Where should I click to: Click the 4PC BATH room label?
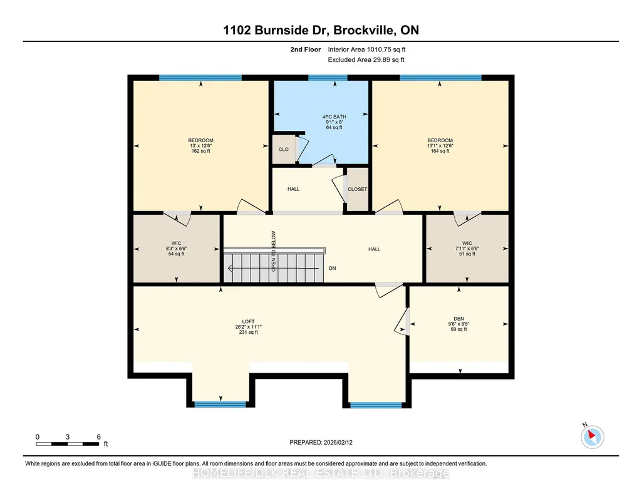pos(334,116)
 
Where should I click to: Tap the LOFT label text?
pos(248,322)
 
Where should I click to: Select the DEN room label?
pos(458,319)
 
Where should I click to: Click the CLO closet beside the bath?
pos(283,150)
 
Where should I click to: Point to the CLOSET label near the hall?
pos(358,189)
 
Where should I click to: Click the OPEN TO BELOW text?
pos(274,251)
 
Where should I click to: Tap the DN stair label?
pos(333,269)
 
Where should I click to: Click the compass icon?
pos(592,437)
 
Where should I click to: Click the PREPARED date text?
pos(321,442)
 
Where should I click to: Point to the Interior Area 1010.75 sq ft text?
pos(366,49)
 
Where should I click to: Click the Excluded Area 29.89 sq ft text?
pos(366,59)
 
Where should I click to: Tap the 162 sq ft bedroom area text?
pos(200,151)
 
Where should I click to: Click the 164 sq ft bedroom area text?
pos(440,151)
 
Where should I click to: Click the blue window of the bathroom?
pos(328,78)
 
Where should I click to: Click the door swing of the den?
pos(402,321)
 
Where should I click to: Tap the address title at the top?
pos(321,30)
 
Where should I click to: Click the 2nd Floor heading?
pos(306,49)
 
